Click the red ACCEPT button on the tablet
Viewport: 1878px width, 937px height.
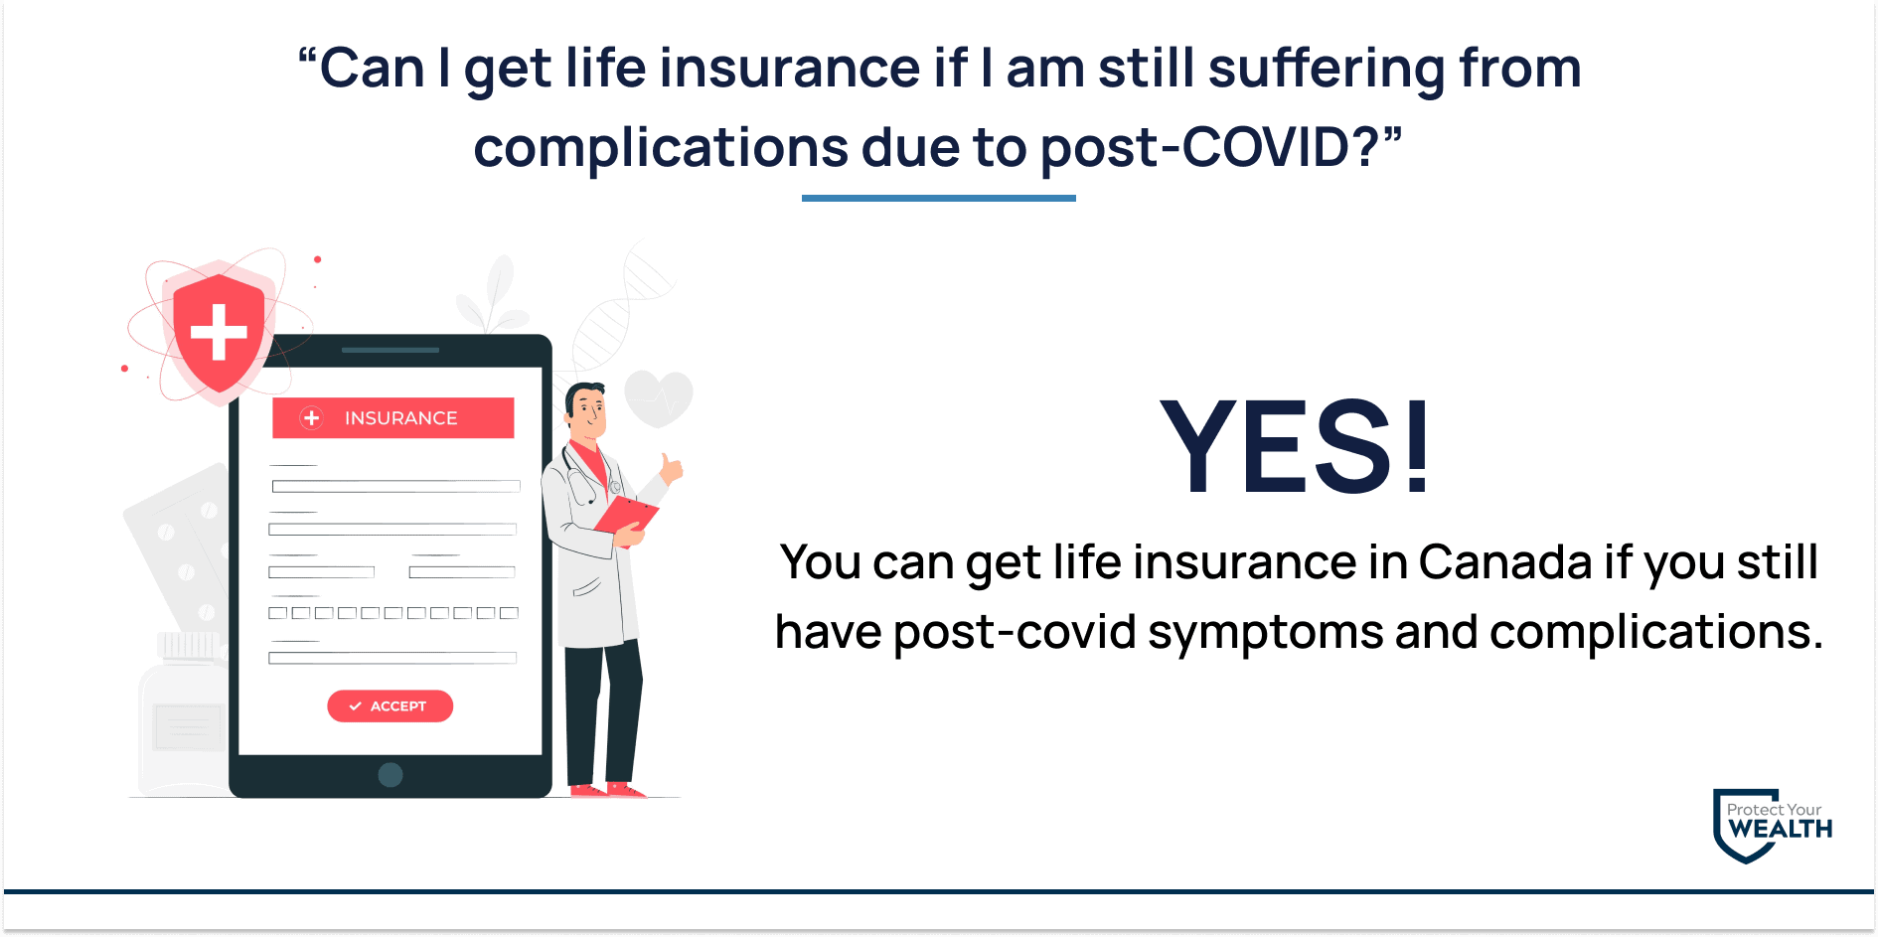click(x=390, y=705)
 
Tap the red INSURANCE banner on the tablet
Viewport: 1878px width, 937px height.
click(x=393, y=418)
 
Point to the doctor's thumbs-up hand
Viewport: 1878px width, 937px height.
click(x=672, y=468)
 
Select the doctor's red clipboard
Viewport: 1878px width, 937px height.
click(x=627, y=516)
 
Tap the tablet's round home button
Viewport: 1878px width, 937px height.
click(x=391, y=775)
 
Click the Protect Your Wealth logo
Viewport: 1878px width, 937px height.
click(x=1772, y=825)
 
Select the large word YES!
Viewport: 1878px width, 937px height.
click(x=1296, y=446)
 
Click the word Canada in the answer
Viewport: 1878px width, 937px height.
click(x=1505, y=562)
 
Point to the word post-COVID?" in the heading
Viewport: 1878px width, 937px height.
click(x=1220, y=147)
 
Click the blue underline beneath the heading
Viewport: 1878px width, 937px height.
click(x=938, y=198)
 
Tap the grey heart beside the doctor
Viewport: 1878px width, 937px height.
click(x=659, y=396)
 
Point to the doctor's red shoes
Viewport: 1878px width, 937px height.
click(x=607, y=791)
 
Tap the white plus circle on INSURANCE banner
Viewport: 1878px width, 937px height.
click(x=312, y=418)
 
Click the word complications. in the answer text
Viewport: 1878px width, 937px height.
click(x=1656, y=632)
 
